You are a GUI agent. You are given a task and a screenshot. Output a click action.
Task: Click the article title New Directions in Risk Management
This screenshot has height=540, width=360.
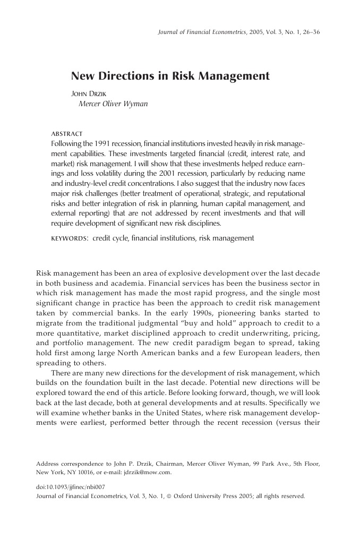click(x=170, y=76)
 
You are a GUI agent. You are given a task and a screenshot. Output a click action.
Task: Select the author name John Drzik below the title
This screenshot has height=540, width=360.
click(x=91, y=93)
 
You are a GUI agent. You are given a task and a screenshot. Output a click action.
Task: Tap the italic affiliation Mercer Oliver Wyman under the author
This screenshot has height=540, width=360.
click(x=113, y=104)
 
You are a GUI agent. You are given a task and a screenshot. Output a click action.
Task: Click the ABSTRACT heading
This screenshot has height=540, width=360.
click(x=66, y=133)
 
